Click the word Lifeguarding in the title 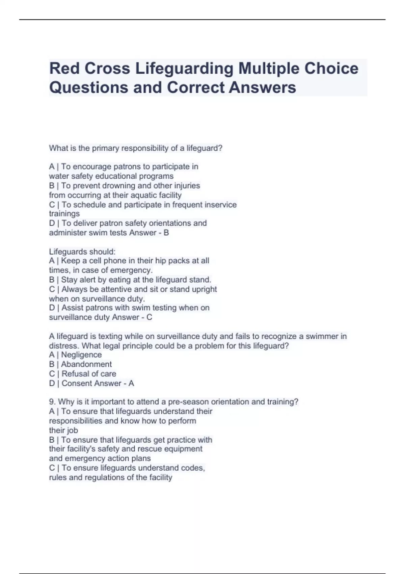pyautogui.click(x=184, y=69)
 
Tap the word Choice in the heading pyautogui.click(x=331, y=69)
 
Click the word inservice pyautogui.click(x=220, y=205)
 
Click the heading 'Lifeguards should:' pyautogui.click(x=82, y=252)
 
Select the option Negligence pyautogui.click(x=81, y=355)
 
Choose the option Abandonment pyautogui.click(x=86, y=364)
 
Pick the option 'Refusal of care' pyautogui.click(x=89, y=374)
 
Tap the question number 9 pyautogui.click(x=52, y=402)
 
